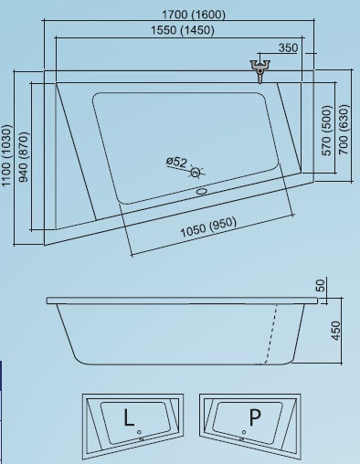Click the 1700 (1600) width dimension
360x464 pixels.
tap(194, 15)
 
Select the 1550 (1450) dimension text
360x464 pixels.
tap(183, 30)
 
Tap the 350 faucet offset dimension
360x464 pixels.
tap(288, 47)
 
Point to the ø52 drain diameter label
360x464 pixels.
tap(176, 161)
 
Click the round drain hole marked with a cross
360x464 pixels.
tap(196, 173)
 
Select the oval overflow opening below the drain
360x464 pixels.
tap(202, 192)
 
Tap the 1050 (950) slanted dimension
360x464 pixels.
tap(208, 227)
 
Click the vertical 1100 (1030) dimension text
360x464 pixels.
tap(7, 155)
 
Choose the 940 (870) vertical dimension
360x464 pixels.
tap(24, 157)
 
